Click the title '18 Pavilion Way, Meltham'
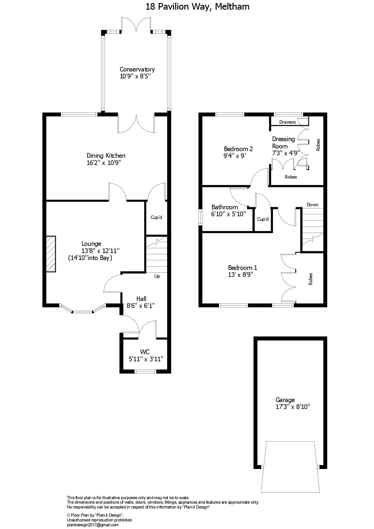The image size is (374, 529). [x=198, y=7]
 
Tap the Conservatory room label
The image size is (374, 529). [x=137, y=69]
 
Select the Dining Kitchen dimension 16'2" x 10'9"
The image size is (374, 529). [x=106, y=163]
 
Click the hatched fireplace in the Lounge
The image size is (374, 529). [x=51, y=254]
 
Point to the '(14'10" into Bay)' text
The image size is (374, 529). [x=90, y=258]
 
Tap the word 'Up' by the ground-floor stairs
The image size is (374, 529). [x=157, y=276]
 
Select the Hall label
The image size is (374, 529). [x=141, y=299]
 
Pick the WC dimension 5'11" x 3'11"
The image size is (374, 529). [x=146, y=359]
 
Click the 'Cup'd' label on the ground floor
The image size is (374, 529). [x=157, y=217]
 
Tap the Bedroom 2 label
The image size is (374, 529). [x=238, y=149]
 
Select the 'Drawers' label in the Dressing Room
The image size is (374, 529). [x=287, y=122]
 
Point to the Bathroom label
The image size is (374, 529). [x=225, y=207]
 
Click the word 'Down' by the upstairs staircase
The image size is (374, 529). [x=312, y=204]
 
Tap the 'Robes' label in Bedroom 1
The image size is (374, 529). [x=311, y=279]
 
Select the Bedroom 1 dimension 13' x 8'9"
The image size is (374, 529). [x=240, y=275]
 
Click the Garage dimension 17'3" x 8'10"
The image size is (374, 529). [x=293, y=407]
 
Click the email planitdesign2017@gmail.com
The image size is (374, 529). [x=93, y=525]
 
